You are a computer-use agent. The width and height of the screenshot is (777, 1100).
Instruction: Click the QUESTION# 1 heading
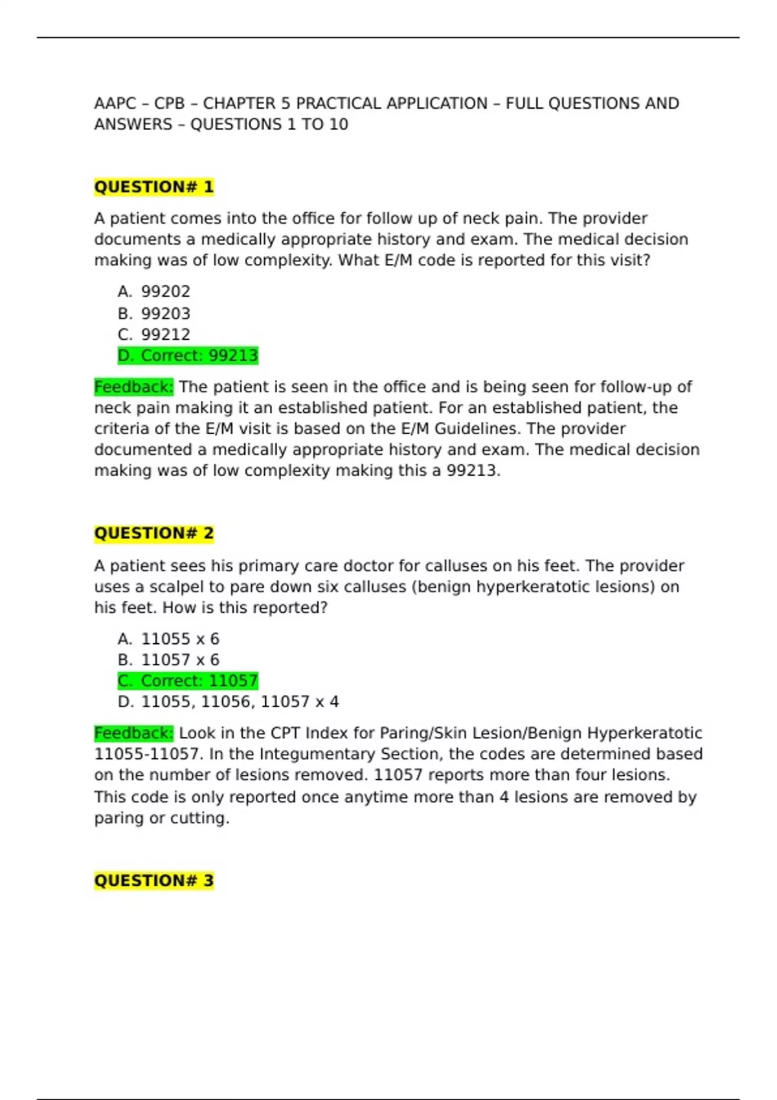pyautogui.click(x=153, y=187)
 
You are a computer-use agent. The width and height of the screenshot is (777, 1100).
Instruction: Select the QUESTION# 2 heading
pyautogui.click(x=153, y=533)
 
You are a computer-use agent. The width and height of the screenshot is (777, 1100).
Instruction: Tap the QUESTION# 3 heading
pyautogui.click(x=153, y=881)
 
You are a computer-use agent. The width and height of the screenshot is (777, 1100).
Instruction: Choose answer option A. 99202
pyautogui.click(x=154, y=292)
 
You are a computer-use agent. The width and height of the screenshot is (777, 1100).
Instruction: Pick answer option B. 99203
pyautogui.click(x=154, y=314)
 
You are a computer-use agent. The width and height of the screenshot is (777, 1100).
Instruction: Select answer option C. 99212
pyautogui.click(x=154, y=335)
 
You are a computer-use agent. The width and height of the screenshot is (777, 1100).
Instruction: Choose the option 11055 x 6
pyautogui.click(x=169, y=639)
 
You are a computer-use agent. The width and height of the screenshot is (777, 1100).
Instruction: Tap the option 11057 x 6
pyautogui.click(x=169, y=660)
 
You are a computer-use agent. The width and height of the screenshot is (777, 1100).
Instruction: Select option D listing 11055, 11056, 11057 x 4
pyautogui.click(x=229, y=702)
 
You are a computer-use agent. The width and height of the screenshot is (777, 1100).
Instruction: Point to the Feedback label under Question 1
pyautogui.click(x=133, y=387)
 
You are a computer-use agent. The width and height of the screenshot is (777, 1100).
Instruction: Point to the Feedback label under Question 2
pyautogui.click(x=133, y=733)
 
